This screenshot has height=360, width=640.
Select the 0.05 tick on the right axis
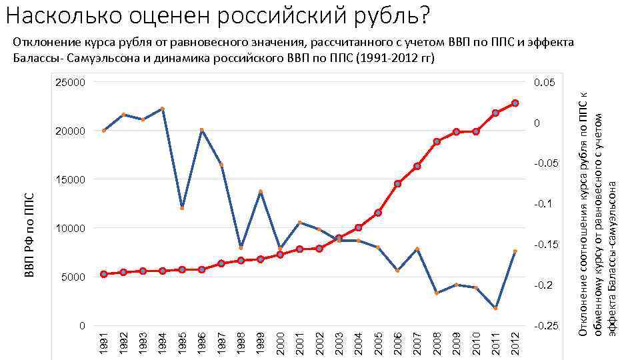(544, 83)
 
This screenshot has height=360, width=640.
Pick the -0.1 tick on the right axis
(545, 205)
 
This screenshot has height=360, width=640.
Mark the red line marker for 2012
(515, 103)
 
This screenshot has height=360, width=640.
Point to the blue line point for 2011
(495, 308)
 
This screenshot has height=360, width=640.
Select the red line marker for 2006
(397, 184)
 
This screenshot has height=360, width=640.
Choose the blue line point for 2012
(515, 251)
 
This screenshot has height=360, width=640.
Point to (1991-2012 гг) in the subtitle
(396, 58)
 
